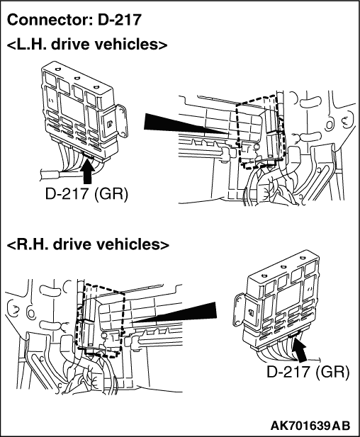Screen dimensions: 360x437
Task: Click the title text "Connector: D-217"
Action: [74, 20]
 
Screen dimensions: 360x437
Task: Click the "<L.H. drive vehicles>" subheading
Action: [87, 45]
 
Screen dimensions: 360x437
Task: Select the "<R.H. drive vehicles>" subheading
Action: [88, 244]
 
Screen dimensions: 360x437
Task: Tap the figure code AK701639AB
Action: [310, 426]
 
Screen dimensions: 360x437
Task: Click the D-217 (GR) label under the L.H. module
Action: [86, 193]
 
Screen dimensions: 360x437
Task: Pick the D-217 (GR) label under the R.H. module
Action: [308, 372]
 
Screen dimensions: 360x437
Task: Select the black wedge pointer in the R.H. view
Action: [174, 313]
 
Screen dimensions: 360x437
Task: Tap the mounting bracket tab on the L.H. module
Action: [121, 120]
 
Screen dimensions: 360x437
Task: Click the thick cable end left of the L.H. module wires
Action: [50, 176]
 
